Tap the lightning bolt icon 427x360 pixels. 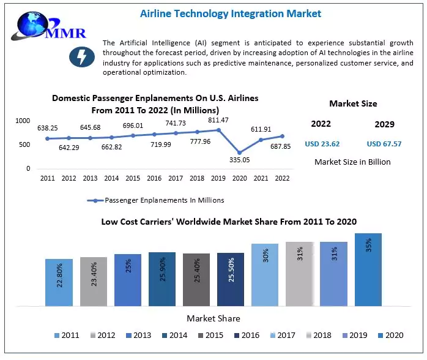pos(81,57)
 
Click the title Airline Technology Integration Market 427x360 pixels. pos(230,13)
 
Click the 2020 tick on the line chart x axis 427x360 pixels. pos(240,178)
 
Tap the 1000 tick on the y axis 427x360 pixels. pos(23,121)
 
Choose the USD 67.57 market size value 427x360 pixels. pos(384,144)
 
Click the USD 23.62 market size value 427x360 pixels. pos(322,144)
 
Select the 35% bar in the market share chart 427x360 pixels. pos(368,269)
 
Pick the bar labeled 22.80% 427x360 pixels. pos(59,282)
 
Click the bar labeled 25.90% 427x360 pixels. pos(162,279)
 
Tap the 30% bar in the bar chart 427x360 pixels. pos(265,274)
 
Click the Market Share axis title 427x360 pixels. pos(213,318)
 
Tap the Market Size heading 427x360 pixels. pos(353,103)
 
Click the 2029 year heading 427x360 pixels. pos(384,124)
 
